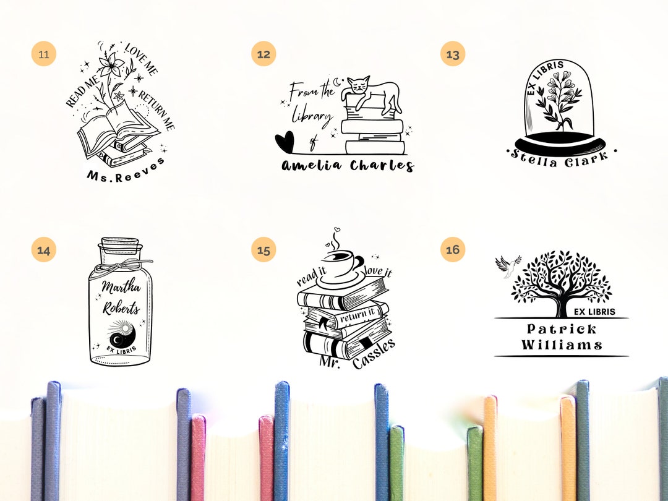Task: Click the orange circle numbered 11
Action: pyautogui.click(x=43, y=54)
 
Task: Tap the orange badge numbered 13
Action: pyautogui.click(x=452, y=54)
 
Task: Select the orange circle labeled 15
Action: pyautogui.click(x=263, y=249)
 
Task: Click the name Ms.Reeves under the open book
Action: pyautogui.click(x=126, y=171)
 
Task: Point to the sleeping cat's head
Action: pyautogui.click(x=358, y=85)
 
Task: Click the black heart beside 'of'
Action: pyautogui.click(x=285, y=142)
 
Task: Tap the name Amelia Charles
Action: pyautogui.click(x=348, y=166)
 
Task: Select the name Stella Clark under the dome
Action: pyautogui.click(x=559, y=160)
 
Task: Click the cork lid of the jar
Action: pyautogui.click(x=120, y=246)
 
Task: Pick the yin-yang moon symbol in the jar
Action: pyautogui.click(x=122, y=335)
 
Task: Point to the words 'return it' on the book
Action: pyautogui.click(x=357, y=315)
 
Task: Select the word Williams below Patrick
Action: pyautogui.click(x=562, y=345)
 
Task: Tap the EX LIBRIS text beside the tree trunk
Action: pyautogui.click(x=594, y=312)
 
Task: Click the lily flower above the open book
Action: pyautogui.click(x=111, y=65)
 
